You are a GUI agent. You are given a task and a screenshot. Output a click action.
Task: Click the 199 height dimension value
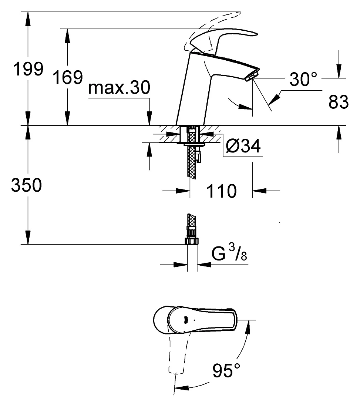(x=28, y=69)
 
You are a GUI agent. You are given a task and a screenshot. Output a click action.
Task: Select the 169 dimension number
(x=68, y=77)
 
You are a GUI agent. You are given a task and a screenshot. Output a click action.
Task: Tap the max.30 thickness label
(x=119, y=87)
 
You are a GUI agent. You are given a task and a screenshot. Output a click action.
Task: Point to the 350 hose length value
(x=27, y=185)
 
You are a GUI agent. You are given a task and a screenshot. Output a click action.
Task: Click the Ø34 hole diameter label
(x=243, y=146)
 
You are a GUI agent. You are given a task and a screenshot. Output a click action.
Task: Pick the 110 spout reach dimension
(x=221, y=191)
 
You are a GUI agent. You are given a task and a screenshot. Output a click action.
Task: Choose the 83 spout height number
(x=339, y=102)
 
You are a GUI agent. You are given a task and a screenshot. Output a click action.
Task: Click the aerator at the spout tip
(x=252, y=76)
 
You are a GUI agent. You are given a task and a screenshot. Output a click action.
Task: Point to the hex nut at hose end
(x=192, y=241)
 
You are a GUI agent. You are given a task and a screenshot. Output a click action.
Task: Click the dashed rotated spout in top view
(x=176, y=353)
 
